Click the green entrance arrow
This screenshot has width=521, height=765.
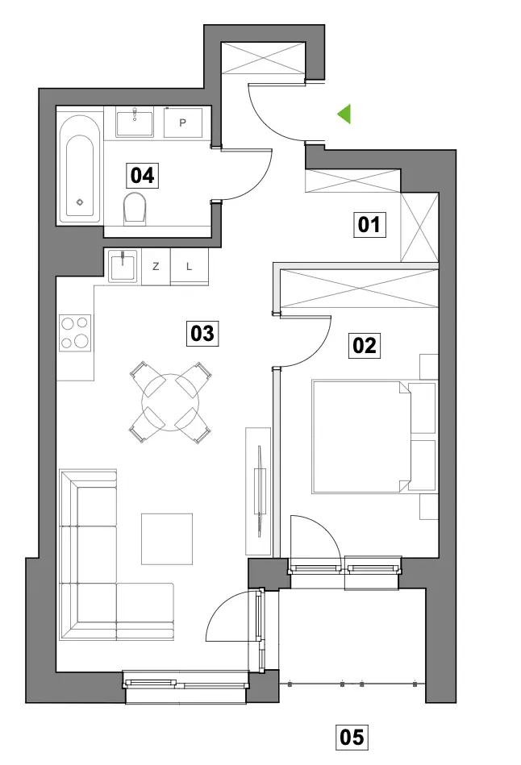(x=345, y=114)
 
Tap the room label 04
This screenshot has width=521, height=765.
(x=142, y=175)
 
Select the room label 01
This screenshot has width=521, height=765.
(x=369, y=225)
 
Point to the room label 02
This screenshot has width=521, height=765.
(x=365, y=346)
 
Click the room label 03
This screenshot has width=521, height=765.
(x=202, y=334)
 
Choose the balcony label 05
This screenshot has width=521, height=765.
(x=352, y=737)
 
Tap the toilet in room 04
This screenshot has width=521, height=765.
(x=135, y=209)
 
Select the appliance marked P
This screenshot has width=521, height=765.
(x=182, y=123)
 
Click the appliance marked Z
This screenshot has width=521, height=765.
(x=156, y=266)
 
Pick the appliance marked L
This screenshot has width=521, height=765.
(x=190, y=266)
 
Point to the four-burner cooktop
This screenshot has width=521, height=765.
(x=75, y=333)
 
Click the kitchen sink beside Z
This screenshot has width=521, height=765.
(x=123, y=266)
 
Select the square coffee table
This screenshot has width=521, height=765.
(x=167, y=538)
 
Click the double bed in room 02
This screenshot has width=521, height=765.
(x=362, y=437)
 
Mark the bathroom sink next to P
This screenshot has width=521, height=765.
(x=134, y=123)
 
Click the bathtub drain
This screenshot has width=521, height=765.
(x=80, y=202)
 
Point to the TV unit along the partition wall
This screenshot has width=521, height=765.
(x=258, y=491)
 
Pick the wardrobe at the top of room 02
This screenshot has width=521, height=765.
(x=360, y=289)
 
